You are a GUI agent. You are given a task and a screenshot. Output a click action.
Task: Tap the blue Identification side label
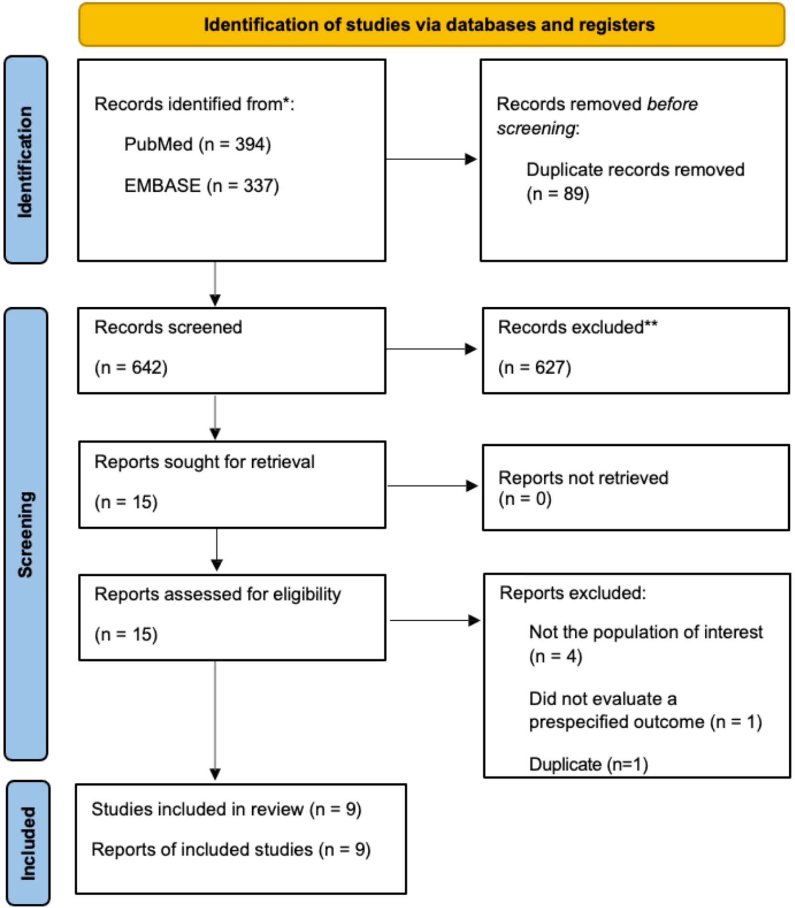tap(26, 160)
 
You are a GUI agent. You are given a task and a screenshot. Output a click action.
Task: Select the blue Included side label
tap(28, 843)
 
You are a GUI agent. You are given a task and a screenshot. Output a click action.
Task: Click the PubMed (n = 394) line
tap(197, 144)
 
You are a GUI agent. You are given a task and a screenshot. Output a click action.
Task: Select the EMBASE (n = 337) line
tap(201, 186)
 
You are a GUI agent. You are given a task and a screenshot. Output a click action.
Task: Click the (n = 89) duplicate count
tap(558, 194)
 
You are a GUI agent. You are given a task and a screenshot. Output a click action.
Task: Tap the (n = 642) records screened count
tap(131, 368)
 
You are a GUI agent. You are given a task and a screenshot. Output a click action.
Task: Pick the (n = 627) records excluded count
tap(534, 368)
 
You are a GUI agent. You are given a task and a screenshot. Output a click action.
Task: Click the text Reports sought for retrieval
tap(204, 462)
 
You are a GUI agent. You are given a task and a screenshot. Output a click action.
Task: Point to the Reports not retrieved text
tap(583, 478)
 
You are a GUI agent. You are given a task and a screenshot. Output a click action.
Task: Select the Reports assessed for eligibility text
tap(217, 595)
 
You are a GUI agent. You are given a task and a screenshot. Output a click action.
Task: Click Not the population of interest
tap(645, 632)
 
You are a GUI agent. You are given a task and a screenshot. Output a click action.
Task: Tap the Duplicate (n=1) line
tap(588, 764)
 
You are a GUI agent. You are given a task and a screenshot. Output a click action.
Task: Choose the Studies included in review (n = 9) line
tap(226, 809)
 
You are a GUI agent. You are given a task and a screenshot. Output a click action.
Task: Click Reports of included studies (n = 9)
tap(231, 850)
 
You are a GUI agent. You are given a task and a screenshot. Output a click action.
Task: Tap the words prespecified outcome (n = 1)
tap(645, 722)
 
